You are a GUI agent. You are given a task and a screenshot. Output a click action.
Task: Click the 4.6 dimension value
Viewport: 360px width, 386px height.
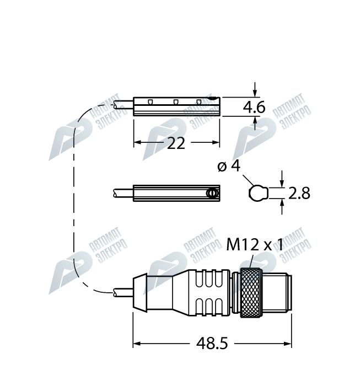pyautogui.click(x=254, y=108)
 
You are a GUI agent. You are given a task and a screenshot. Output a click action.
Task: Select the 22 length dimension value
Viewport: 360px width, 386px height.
pyautogui.click(x=176, y=143)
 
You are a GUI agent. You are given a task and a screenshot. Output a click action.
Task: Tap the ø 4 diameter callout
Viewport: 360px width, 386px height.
pyautogui.click(x=229, y=166)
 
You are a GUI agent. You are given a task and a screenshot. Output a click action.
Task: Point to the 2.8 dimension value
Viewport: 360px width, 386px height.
pyautogui.click(x=299, y=193)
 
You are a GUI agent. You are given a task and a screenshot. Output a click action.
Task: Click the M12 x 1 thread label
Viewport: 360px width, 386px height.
pyautogui.click(x=255, y=245)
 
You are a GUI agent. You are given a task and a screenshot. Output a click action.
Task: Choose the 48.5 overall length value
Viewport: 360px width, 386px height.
pyautogui.click(x=212, y=344)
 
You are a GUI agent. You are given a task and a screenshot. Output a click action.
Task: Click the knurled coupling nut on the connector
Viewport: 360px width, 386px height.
pyautogui.click(x=249, y=293)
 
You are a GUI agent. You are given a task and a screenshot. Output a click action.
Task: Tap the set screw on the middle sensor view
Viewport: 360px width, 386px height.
pyautogui.click(x=212, y=193)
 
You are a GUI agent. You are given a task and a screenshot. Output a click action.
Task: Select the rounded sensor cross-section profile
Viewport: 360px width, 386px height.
pyautogui.click(x=258, y=193)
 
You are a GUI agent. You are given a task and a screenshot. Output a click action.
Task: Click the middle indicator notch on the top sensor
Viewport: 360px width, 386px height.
pyautogui.click(x=176, y=102)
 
